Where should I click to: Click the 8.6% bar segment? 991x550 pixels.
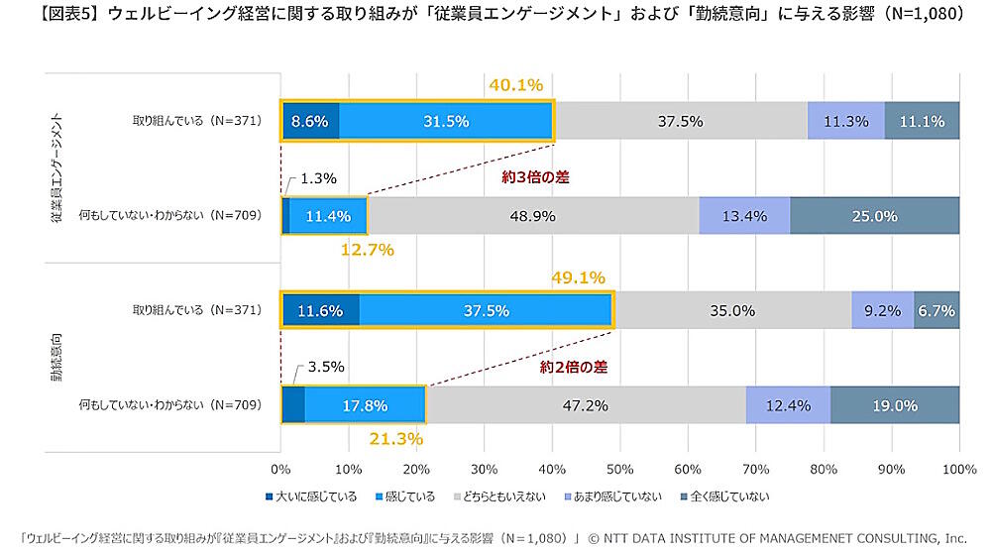coord(310,121)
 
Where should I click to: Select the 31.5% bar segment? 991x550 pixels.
coord(445,121)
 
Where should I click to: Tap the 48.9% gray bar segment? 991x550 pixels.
coord(532,215)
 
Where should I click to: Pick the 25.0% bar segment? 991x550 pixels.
coord(874,215)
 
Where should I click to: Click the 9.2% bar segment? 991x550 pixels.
coord(882,310)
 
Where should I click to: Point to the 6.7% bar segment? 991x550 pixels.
coord(936,310)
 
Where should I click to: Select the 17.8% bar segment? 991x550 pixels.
coord(364,404)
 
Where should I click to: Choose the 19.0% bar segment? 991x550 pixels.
coord(894,404)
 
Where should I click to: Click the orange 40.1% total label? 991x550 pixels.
coord(516,85)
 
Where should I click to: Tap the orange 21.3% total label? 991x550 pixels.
coord(395,438)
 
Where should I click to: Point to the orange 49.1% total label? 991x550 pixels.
coord(578,277)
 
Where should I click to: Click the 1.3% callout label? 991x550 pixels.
coord(318,178)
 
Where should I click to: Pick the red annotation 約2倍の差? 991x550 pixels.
coord(573,367)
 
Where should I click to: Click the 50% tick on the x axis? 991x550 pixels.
coord(620,468)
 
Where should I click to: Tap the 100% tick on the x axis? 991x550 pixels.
coord(958,468)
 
